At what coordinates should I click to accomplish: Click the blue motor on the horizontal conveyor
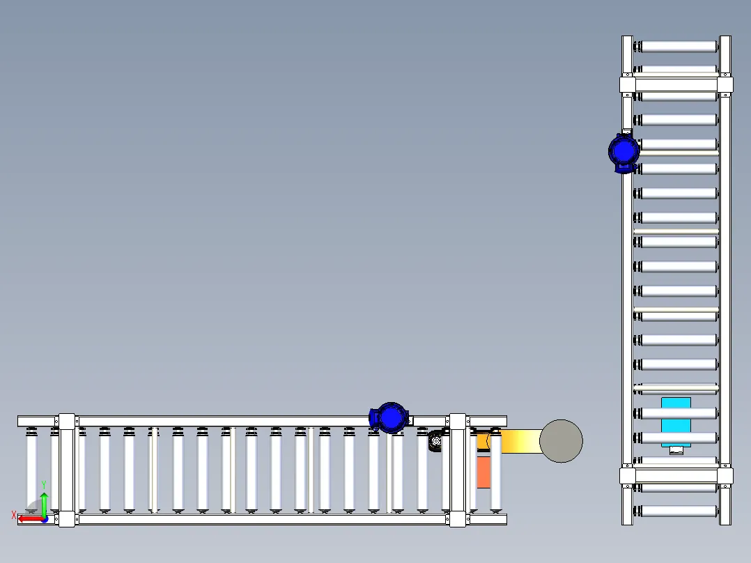389,418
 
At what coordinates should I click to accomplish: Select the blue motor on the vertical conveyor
624,153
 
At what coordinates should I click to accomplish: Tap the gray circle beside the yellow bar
561,441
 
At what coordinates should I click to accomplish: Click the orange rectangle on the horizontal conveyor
483,472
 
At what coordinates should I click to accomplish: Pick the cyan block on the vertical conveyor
676,422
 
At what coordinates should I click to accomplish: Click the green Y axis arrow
44,504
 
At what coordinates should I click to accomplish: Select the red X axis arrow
31,519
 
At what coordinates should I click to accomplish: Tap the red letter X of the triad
13,516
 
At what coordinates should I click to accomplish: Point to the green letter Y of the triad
44,485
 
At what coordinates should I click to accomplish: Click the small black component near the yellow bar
435,441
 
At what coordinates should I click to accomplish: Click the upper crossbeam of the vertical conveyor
676,85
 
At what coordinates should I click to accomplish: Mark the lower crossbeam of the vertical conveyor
676,476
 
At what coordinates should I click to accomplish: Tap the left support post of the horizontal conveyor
67,470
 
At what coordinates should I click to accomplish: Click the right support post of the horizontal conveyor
458,470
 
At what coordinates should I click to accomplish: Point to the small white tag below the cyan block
676,450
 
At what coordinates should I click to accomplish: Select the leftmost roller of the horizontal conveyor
31,470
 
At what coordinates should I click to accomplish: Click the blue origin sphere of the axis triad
45,519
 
